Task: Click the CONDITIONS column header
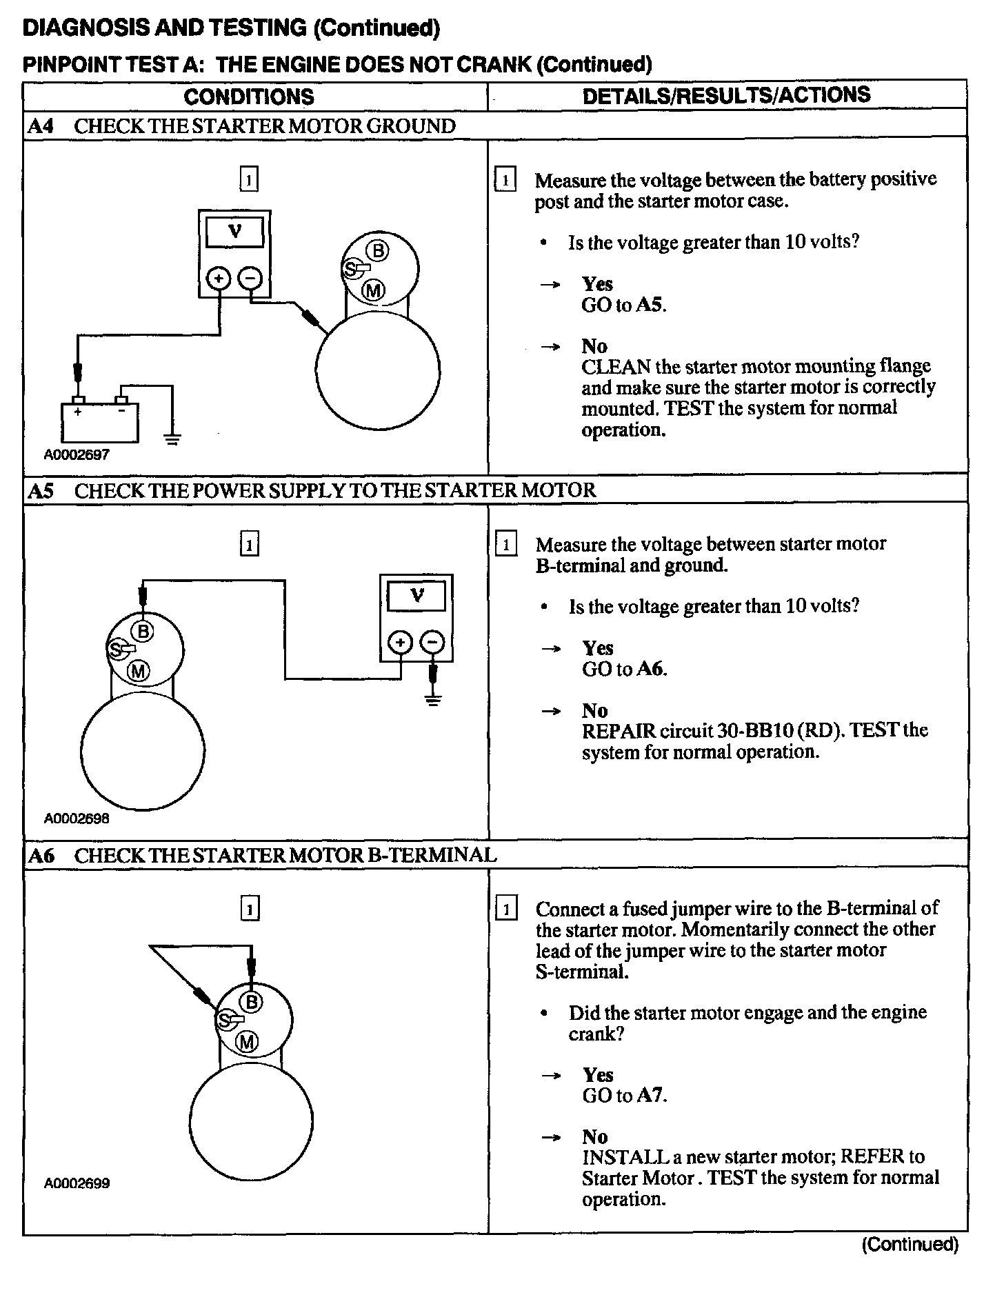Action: coord(249,97)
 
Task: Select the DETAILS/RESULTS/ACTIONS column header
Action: coord(726,95)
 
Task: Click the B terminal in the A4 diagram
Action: coord(377,250)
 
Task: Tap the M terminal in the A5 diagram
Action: coord(139,670)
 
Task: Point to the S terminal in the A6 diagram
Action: coord(225,1019)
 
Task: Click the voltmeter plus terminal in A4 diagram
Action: coord(219,279)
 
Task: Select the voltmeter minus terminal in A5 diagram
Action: coord(432,643)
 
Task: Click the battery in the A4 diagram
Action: coord(99,421)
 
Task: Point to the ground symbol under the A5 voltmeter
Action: coord(433,701)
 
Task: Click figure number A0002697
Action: coord(77,455)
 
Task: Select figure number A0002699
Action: coord(77,1183)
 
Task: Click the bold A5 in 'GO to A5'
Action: coord(650,305)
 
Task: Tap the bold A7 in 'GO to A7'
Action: coord(650,1095)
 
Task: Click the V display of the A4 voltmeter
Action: coord(234,232)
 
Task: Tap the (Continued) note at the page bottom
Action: coord(910,1244)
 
